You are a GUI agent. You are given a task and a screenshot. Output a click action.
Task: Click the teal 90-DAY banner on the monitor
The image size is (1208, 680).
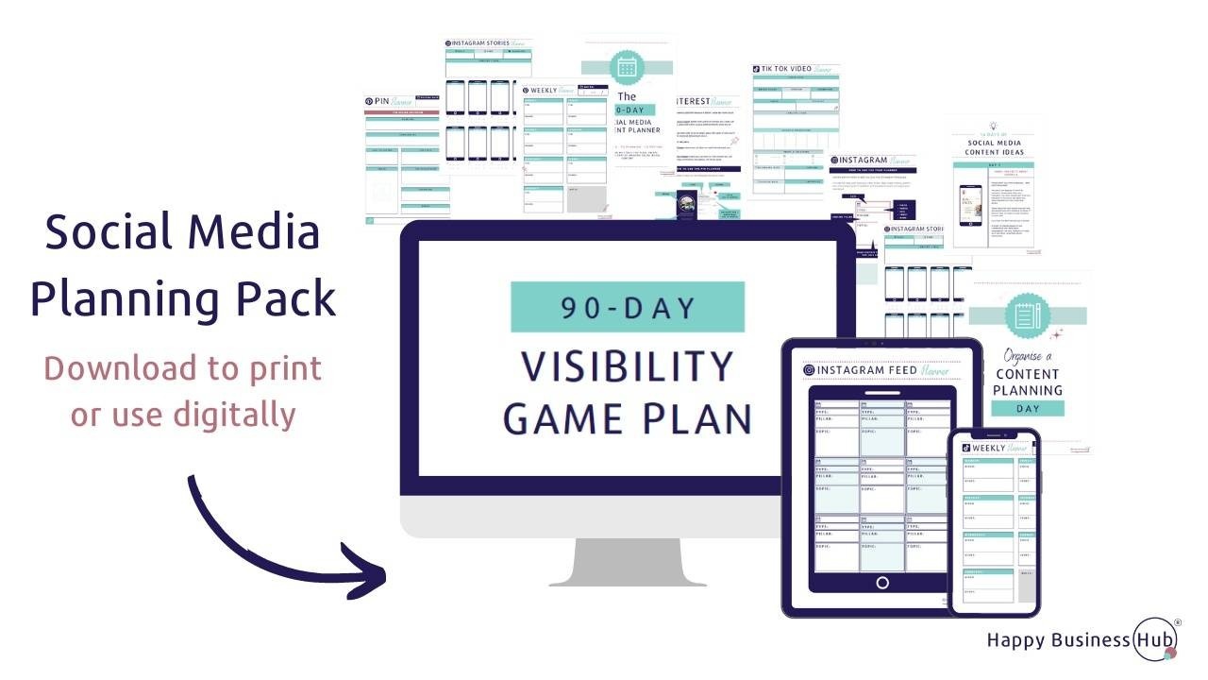tap(628, 307)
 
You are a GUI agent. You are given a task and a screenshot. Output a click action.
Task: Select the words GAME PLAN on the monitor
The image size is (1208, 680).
tap(628, 417)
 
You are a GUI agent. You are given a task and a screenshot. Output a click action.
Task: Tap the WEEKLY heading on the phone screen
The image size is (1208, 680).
tap(990, 448)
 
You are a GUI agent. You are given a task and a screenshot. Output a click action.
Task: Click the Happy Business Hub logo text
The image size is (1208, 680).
tap(1072, 640)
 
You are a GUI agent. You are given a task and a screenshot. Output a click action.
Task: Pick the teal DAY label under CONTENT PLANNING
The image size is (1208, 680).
tap(1028, 409)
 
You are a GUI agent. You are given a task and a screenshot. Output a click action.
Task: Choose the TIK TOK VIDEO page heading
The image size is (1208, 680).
tap(795, 69)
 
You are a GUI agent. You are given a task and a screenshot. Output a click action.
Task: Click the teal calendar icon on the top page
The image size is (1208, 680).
tap(626, 67)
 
